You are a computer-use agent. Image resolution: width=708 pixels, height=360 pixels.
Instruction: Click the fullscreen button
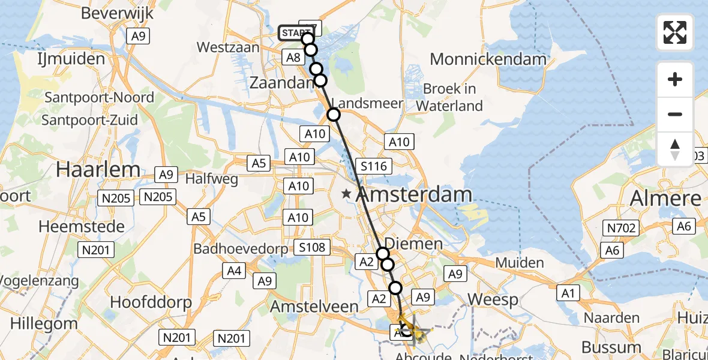coord(675,32)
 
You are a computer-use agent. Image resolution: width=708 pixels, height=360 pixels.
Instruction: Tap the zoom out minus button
coord(675,114)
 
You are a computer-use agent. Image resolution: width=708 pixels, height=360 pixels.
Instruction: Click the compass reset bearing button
coord(675,149)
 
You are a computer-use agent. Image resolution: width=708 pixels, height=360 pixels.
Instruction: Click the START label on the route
coord(294,33)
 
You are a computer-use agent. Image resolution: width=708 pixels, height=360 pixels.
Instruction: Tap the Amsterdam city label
coord(415,194)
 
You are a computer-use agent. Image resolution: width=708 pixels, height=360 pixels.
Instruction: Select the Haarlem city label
coord(98,170)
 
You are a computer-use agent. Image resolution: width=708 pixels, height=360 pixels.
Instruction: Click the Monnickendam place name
coord(488,59)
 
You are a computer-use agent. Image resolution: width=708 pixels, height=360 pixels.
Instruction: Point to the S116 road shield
coord(373,166)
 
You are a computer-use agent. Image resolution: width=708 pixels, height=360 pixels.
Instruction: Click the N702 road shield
coord(622,227)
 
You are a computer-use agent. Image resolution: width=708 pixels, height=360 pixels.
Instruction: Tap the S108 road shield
coord(313,247)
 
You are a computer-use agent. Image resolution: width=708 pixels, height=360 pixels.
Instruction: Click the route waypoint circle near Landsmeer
coord(334,115)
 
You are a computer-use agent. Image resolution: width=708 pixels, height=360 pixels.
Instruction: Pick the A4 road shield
coord(235,271)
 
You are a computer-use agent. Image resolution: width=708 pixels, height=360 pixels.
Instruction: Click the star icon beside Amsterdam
coord(346,194)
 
